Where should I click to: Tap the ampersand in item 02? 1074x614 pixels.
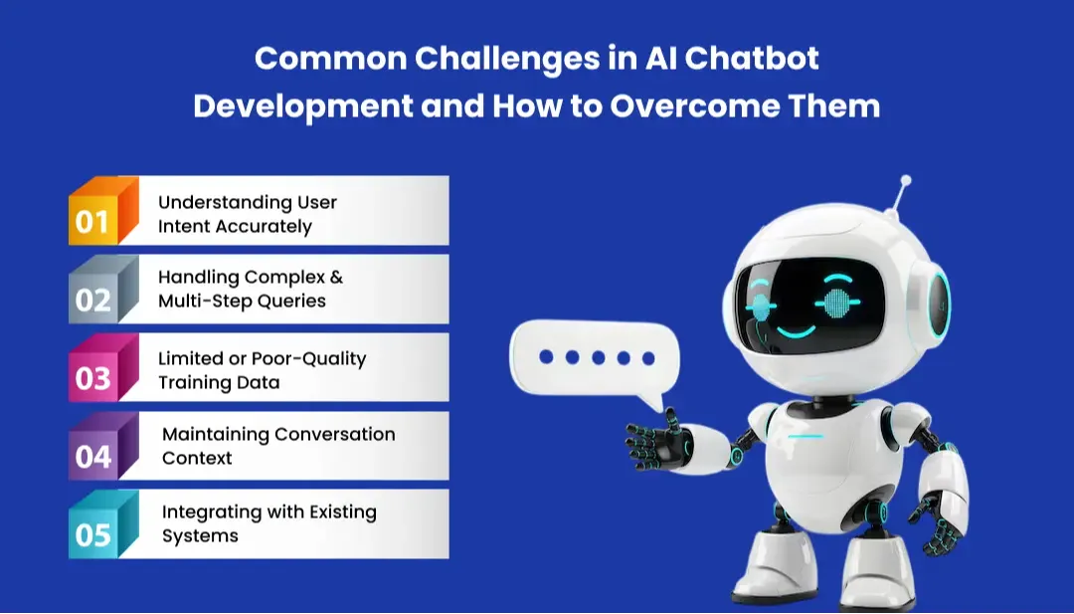point(335,277)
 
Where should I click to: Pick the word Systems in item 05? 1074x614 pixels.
point(200,535)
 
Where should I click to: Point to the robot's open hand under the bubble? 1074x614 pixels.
point(656,439)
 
